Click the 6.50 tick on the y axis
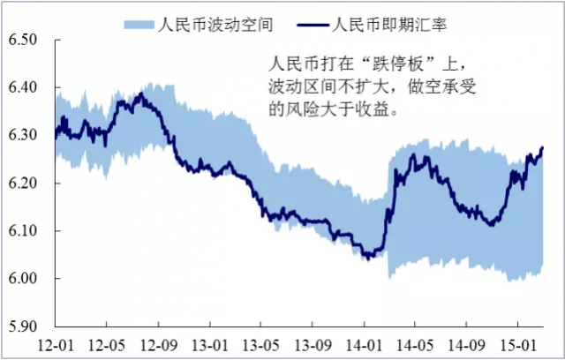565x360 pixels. pyautogui.click(x=26, y=41)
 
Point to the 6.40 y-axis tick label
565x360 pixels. pyautogui.click(x=26, y=88)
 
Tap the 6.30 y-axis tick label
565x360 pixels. pyautogui.click(x=26, y=136)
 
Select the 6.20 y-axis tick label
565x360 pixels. pyautogui.click(x=26, y=184)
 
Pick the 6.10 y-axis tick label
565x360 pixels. pyautogui.click(x=26, y=231)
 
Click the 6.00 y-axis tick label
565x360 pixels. pyautogui.click(x=26, y=279)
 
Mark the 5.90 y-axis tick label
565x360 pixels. pyautogui.click(x=26, y=326)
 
